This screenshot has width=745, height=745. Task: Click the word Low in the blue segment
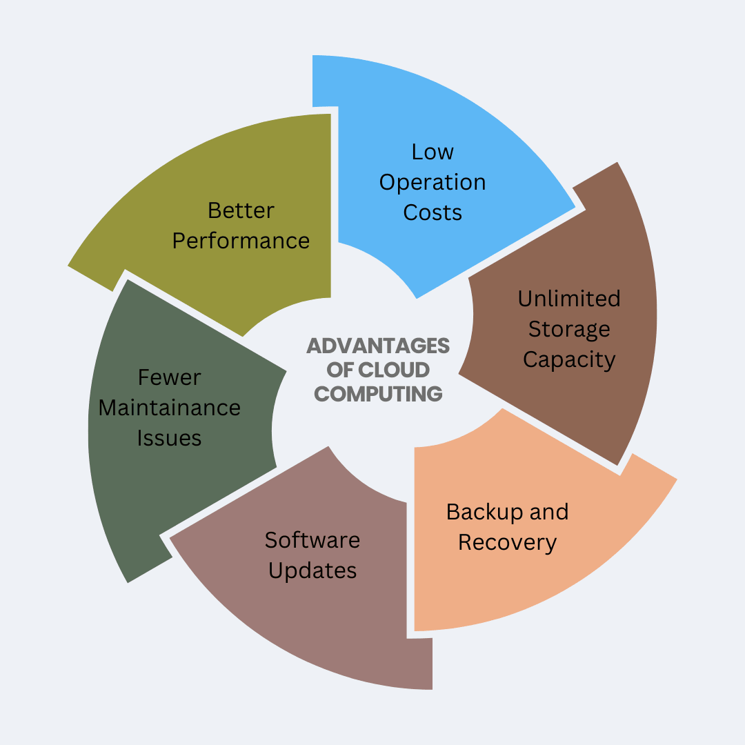tap(433, 152)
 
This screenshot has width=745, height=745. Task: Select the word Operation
tap(433, 183)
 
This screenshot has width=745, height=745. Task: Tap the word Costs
tap(433, 212)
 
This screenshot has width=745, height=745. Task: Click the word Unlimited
tap(569, 299)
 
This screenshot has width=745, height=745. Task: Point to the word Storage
tap(569, 329)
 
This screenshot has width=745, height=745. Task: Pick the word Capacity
tap(569, 359)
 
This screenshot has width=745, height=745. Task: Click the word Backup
tap(477, 512)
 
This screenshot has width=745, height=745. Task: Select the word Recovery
tap(507, 542)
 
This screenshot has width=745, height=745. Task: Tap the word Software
tap(312, 539)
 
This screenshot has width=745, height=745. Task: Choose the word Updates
tap(312, 570)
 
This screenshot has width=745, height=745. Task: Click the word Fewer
tap(170, 377)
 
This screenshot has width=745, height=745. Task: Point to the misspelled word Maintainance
tap(170, 408)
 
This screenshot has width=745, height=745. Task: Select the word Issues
tap(170, 438)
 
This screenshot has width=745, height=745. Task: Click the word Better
tap(241, 210)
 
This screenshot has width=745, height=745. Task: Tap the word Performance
tap(241, 241)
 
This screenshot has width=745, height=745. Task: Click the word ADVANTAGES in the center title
tap(378, 345)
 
